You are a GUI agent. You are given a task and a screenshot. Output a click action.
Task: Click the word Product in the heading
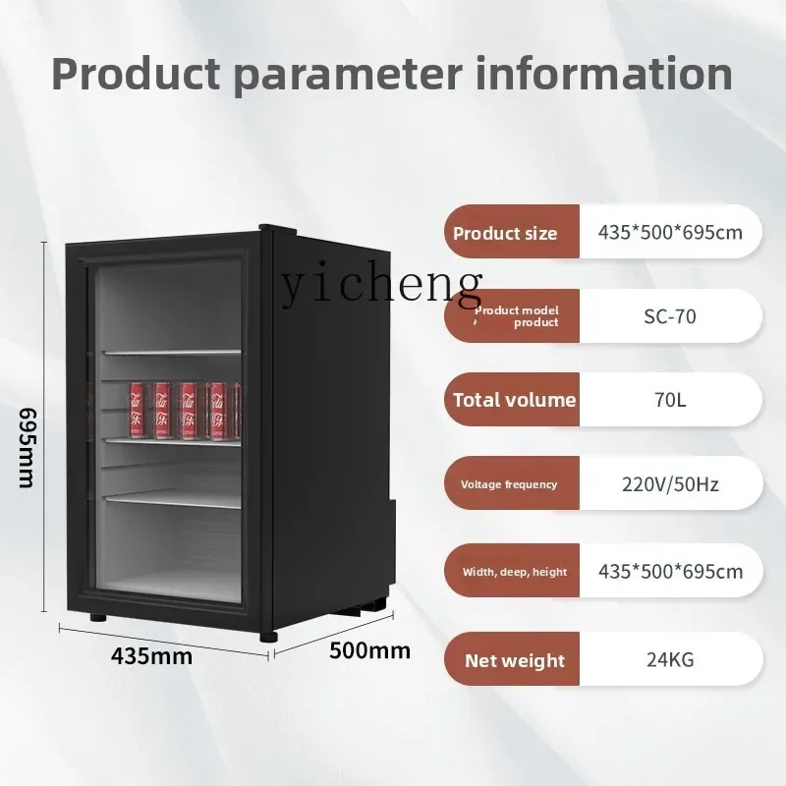(x=136, y=75)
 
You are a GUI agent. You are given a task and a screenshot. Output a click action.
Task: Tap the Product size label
(x=505, y=233)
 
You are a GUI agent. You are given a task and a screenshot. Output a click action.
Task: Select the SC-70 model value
(x=670, y=316)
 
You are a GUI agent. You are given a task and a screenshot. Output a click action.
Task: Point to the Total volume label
(x=515, y=400)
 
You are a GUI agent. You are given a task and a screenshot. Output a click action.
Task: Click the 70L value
(x=670, y=400)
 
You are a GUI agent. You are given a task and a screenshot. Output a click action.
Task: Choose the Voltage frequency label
(x=509, y=484)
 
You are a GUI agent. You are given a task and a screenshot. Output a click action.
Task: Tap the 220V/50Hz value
(x=670, y=484)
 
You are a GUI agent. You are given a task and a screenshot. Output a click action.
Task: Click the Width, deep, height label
(x=515, y=572)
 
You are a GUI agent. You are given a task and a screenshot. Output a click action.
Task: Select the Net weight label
(x=515, y=660)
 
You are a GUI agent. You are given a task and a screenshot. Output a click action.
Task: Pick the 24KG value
(x=670, y=659)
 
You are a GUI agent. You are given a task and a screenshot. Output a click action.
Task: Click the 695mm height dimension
(x=27, y=447)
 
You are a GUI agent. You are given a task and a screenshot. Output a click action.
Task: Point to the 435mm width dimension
(x=151, y=655)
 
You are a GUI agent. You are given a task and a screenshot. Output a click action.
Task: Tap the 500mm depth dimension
(x=370, y=650)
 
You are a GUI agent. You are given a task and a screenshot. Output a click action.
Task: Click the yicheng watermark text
(x=381, y=285)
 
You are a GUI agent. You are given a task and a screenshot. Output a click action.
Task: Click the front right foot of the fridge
(x=268, y=637)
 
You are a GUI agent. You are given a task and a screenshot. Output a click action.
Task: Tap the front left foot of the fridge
(x=98, y=618)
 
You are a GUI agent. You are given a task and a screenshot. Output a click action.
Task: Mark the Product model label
(x=517, y=316)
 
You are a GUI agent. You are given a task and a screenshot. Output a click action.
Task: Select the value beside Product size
(x=670, y=232)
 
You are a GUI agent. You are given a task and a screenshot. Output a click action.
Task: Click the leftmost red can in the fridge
(x=137, y=410)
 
